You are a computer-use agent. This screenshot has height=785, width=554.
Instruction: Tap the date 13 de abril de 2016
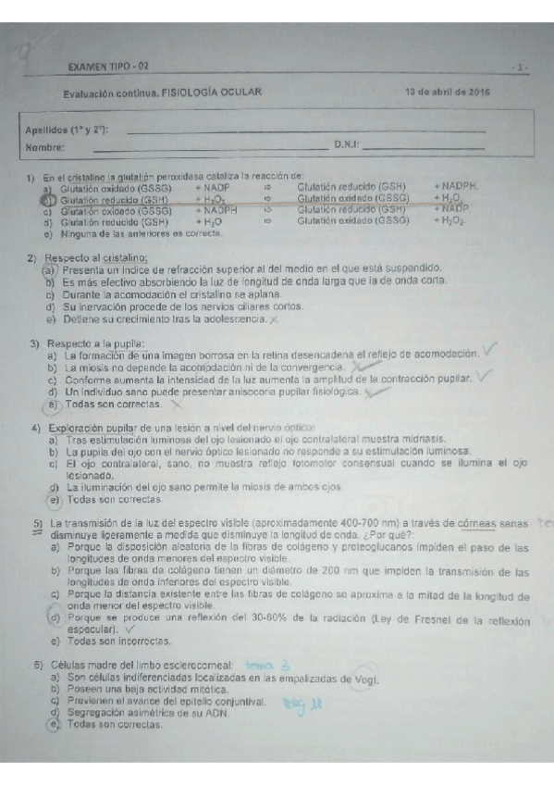[x=448, y=92]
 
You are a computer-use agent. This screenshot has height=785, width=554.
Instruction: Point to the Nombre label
[x=44, y=146]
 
